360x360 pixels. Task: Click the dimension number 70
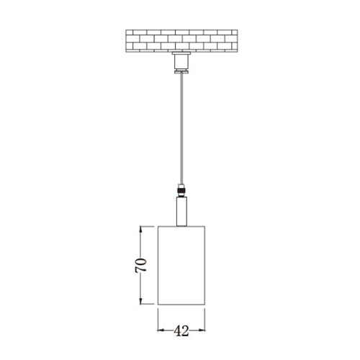(x=140, y=265)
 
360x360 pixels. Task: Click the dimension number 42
(x=181, y=331)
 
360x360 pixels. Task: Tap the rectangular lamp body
(x=181, y=266)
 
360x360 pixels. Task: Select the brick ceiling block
(x=181, y=41)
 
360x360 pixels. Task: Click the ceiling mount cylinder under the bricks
(x=181, y=62)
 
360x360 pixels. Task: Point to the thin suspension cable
(x=181, y=128)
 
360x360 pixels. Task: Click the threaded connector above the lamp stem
(x=181, y=190)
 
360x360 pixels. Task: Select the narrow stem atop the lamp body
(x=181, y=212)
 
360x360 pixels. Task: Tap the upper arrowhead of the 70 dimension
(x=141, y=229)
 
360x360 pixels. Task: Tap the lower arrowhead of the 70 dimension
(x=141, y=301)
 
